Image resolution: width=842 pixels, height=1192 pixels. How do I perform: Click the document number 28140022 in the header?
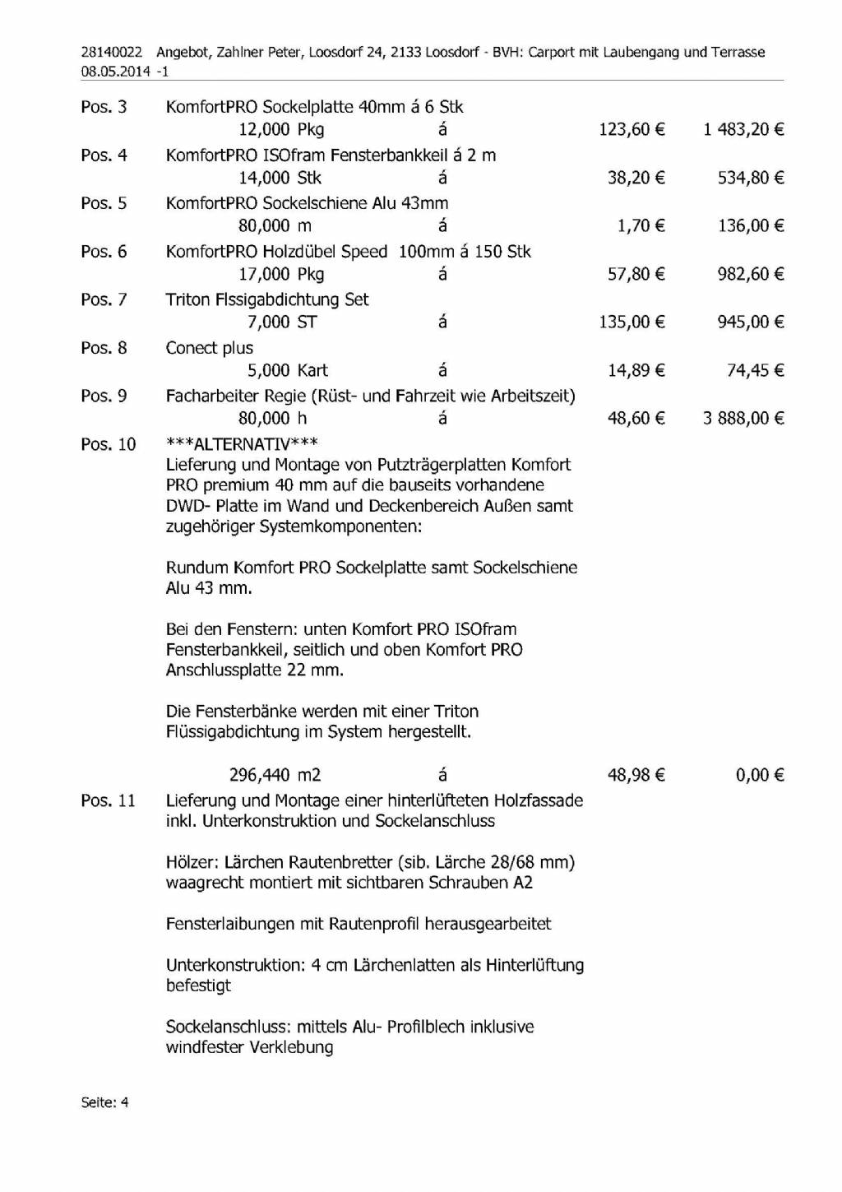tap(111, 53)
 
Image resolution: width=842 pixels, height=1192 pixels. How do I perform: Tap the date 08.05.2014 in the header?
tap(116, 72)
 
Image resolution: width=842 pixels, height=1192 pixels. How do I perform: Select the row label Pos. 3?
tap(104, 107)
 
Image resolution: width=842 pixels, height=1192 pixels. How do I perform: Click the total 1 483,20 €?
tap(743, 129)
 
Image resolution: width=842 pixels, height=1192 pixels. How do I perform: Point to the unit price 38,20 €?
tap(636, 178)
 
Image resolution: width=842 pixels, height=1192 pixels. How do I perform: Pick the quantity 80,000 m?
tap(275, 226)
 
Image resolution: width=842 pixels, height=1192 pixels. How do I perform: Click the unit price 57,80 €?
tap(636, 274)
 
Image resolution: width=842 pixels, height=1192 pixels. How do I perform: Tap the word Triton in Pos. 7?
tap(187, 300)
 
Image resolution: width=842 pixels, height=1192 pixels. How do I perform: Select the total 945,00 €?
tap(750, 322)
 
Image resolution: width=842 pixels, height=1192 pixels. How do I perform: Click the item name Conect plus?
tap(209, 348)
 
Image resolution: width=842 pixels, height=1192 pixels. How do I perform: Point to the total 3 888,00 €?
tap(743, 419)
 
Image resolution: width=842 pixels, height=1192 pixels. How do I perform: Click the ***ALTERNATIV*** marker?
tap(242, 445)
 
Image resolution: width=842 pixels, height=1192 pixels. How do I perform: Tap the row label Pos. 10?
tap(108, 445)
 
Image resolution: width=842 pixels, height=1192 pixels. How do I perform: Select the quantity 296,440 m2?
tap(275, 775)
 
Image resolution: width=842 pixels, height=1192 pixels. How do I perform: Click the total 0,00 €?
tap(760, 775)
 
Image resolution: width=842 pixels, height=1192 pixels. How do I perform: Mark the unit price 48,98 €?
tap(636, 775)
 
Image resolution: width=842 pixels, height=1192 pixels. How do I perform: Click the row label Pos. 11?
tap(108, 800)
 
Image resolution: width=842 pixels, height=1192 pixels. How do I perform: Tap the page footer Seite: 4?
tap(104, 1102)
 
